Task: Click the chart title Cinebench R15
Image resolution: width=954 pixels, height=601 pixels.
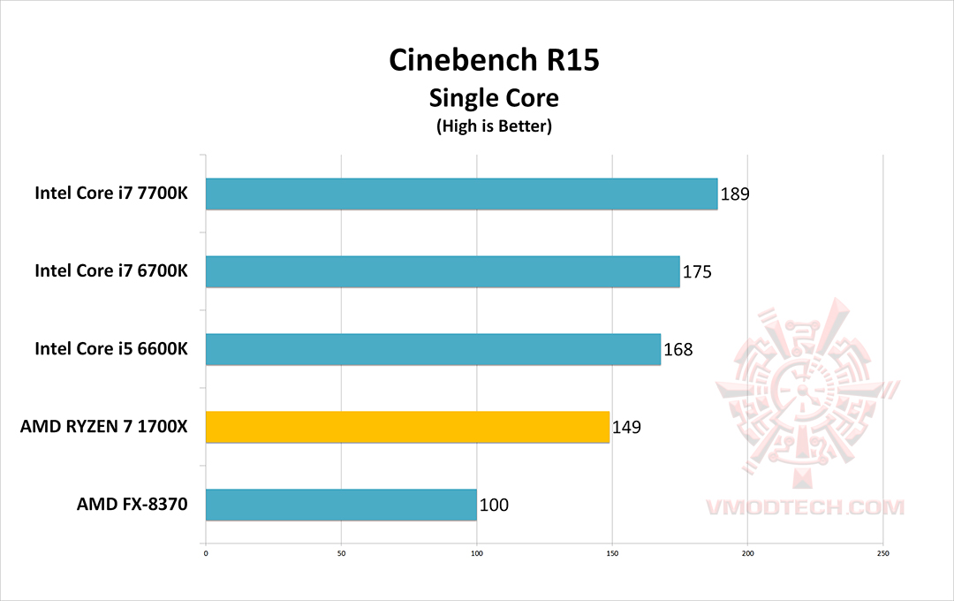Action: [494, 59]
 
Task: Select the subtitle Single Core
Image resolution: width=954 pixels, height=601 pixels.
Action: [494, 96]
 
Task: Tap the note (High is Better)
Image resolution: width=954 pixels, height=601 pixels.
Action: [494, 126]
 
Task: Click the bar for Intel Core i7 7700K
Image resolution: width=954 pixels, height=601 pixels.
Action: [461, 194]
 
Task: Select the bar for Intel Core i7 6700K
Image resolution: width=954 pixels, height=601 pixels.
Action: [443, 271]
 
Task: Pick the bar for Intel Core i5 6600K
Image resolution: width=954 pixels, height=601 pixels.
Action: [433, 349]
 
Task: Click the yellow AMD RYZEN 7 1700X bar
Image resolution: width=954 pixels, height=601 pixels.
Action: [407, 427]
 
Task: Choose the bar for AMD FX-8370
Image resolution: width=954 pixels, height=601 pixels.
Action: [341, 505]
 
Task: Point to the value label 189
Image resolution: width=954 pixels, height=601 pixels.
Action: [735, 194]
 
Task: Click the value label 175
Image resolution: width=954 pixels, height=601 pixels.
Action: [696, 271]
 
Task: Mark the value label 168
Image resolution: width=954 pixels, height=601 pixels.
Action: [678, 349]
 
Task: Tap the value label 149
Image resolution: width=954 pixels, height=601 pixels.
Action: [625, 427]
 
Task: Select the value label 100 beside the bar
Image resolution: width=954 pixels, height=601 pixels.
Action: [494, 506]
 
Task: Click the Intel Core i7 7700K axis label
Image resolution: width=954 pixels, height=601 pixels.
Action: [111, 194]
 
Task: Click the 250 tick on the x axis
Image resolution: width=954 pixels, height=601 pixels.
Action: [882, 554]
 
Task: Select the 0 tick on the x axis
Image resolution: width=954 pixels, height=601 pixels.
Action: [206, 554]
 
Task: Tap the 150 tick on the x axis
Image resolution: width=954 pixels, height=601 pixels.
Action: [612, 554]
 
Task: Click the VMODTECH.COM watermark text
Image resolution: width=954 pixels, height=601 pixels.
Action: [805, 507]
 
